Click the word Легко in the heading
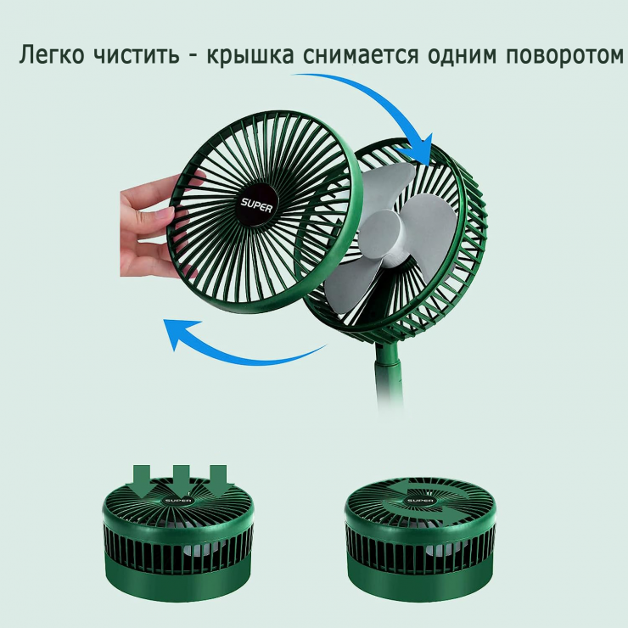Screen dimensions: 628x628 click(x=52, y=55)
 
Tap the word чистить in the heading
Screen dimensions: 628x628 click(x=136, y=56)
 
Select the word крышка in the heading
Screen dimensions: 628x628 click(x=250, y=55)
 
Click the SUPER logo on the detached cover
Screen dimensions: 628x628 click(x=256, y=205)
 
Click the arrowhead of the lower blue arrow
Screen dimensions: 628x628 click(x=180, y=333)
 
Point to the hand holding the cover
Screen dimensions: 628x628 click(x=156, y=227)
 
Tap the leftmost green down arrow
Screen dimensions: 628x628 click(x=142, y=481)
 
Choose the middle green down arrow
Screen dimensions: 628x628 click(x=182, y=480)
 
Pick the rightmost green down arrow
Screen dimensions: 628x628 click(x=219, y=481)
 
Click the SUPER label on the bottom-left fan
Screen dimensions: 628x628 click(x=178, y=501)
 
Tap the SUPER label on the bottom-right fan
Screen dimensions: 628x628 click(x=420, y=501)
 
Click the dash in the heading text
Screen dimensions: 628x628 click(x=193, y=57)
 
